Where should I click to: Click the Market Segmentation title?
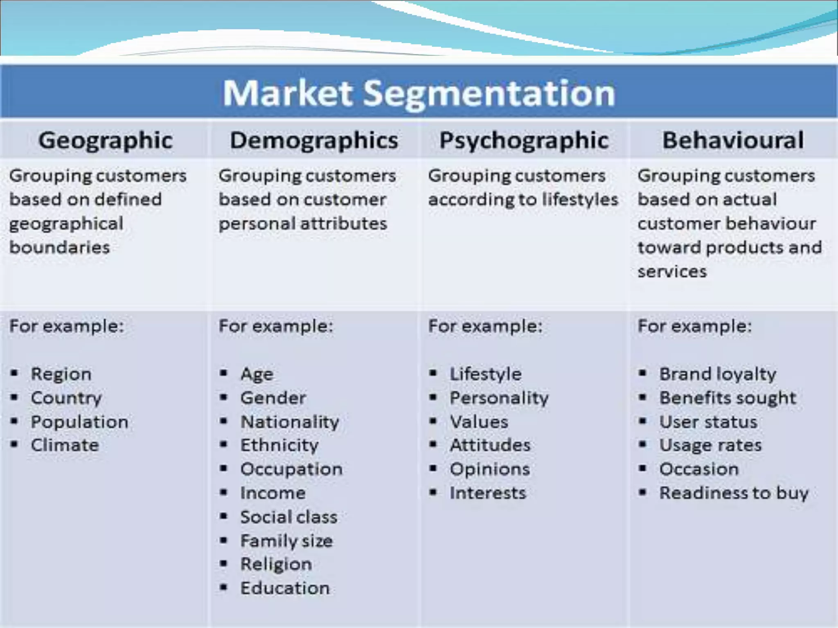(x=419, y=93)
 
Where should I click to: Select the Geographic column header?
(x=105, y=140)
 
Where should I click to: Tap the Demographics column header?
(x=314, y=140)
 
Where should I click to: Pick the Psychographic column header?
(x=524, y=140)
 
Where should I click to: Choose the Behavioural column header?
(x=733, y=140)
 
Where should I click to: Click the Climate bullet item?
(x=65, y=445)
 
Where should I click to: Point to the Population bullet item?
(x=79, y=422)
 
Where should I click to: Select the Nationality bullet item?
(x=290, y=422)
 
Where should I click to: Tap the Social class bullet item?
(x=289, y=517)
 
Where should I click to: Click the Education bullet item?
(x=285, y=588)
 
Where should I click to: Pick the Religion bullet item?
(x=276, y=564)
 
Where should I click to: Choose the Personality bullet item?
(x=499, y=398)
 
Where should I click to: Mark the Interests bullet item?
(x=488, y=493)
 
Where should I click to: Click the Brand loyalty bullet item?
(x=718, y=374)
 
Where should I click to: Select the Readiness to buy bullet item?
(x=734, y=493)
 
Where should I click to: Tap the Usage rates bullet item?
(x=710, y=445)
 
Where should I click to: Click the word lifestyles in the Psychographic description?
(x=580, y=200)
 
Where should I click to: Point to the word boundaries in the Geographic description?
(x=60, y=247)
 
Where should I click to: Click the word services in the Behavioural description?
(x=672, y=271)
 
